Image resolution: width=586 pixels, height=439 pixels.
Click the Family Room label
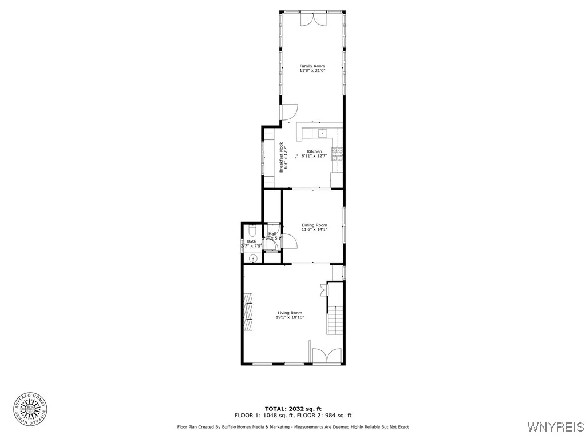[x=312, y=68]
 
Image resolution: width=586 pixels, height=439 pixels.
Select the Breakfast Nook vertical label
[x=281, y=157]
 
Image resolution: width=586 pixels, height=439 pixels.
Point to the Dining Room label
[x=314, y=227]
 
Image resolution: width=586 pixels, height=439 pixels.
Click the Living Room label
[x=290, y=314]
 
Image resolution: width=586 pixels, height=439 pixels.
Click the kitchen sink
[x=322, y=133]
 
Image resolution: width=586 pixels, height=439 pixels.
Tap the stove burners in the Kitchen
[x=338, y=152]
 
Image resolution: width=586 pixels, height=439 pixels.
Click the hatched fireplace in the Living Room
[x=248, y=310]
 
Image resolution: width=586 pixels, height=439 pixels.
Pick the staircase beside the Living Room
[x=335, y=320]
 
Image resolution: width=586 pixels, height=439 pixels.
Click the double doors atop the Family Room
[x=312, y=18]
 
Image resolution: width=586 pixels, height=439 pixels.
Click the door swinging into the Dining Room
[x=291, y=242]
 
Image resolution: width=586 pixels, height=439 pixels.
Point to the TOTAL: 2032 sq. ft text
[x=292, y=409]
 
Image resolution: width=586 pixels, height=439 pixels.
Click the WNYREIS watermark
[x=555, y=426]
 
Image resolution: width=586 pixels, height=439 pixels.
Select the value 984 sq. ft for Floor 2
[x=340, y=416]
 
